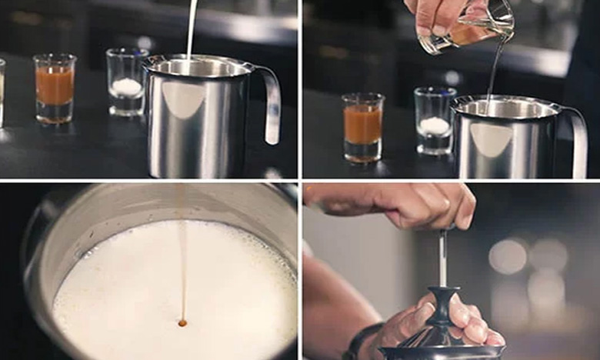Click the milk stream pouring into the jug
[191, 31]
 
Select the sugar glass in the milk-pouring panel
[127, 83]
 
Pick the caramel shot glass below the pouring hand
[362, 127]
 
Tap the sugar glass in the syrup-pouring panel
[435, 121]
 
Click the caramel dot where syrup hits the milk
[182, 323]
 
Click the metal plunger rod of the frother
[442, 258]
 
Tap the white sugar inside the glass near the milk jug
[127, 87]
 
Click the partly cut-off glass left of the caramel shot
[2, 92]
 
